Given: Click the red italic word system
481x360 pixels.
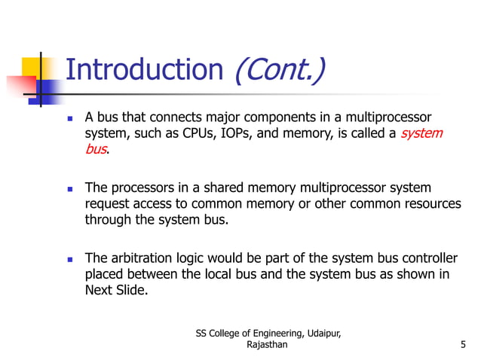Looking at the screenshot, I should (421, 134).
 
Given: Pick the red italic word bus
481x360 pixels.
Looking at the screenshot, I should (95, 149).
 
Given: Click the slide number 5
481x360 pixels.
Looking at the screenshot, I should (461, 346).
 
